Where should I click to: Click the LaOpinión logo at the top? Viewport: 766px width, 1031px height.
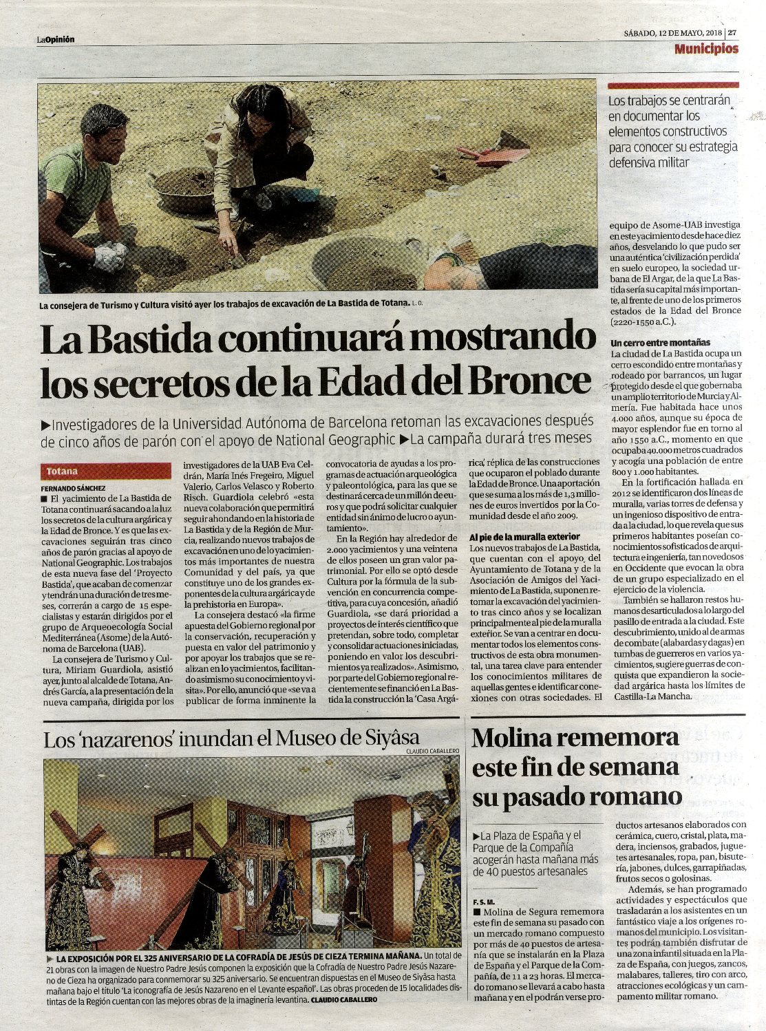tap(56, 39)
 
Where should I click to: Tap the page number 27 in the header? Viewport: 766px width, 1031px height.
tap(733, 32)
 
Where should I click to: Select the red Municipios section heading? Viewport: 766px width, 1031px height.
tap(706, 49)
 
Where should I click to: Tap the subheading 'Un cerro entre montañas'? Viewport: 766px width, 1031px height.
tap(661, 342)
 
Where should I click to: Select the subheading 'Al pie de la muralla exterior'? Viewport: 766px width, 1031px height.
tap(524, 536)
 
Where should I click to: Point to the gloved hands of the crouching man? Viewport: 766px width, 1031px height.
tap(109, 255)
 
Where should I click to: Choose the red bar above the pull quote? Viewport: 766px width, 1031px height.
tap(673, 85)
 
